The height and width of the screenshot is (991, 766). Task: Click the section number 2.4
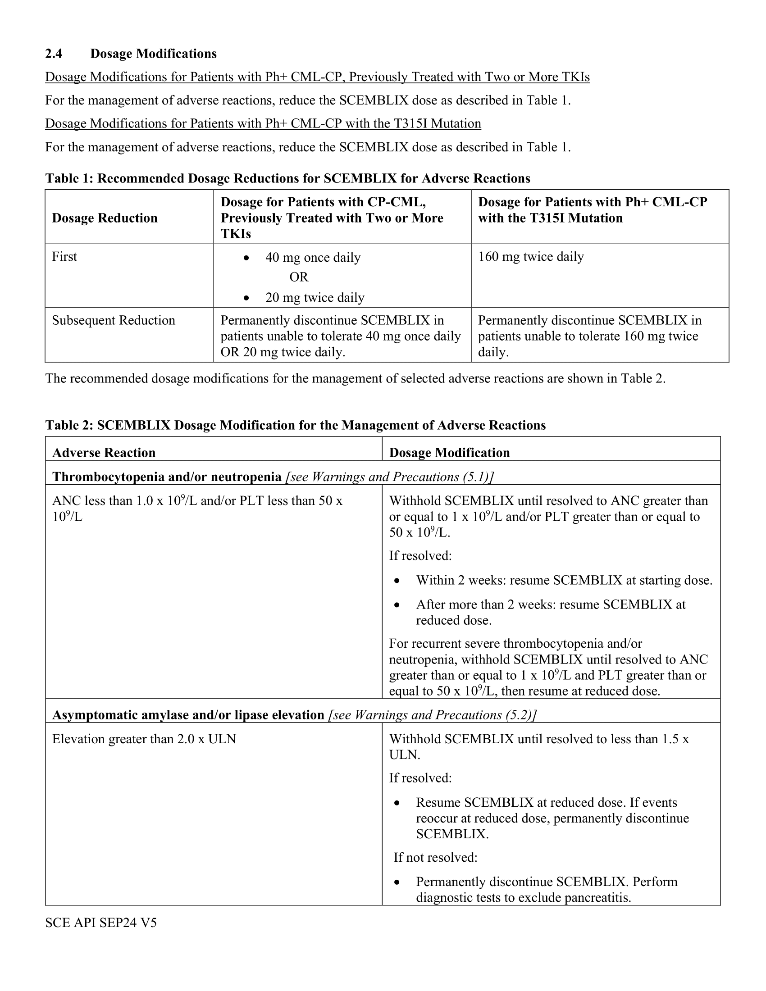click(54, 54)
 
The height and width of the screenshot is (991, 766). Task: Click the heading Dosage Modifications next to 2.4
click(153, 54)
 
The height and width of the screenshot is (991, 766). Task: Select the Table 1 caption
click(287, 178)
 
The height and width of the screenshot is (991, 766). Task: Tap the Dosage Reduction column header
click(105, 218)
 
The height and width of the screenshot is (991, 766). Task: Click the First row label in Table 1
click(64, 257)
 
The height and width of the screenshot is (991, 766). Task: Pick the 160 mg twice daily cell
click(530, 257)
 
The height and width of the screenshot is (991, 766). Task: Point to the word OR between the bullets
click(299, 277)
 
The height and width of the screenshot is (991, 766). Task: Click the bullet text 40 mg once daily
click(313, 258)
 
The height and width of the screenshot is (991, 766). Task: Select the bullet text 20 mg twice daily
click(315, 298)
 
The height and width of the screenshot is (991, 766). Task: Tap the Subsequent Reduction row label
click(114, 320)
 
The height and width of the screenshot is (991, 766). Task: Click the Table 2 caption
click(295, 425)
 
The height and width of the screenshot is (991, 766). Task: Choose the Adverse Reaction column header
click(104, 452)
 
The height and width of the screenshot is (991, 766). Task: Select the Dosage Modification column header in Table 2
click(449, 452)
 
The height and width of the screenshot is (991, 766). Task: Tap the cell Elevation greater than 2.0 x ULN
click(144, 739)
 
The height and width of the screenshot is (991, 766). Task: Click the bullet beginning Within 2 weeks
click(564, 580)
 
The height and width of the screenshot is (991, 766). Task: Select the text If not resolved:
click(435, 857)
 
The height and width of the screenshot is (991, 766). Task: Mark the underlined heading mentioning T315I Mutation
click(263, 123)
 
